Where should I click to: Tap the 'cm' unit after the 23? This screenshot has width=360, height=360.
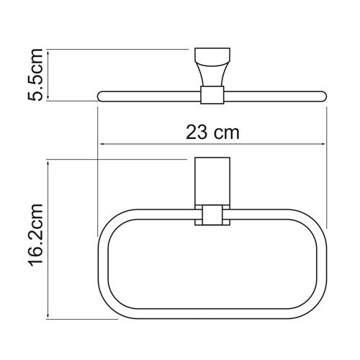[227, 132]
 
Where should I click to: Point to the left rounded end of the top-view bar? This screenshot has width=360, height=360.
[100, 96]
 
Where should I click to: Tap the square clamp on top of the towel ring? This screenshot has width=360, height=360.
[210, 215]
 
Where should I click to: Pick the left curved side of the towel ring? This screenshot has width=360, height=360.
[101, 263]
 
